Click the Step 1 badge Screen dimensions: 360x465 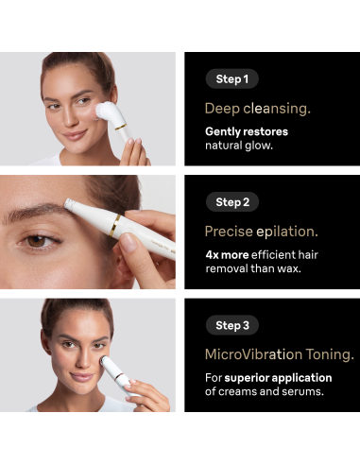coord(232,78)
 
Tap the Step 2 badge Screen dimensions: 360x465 coord(232,202)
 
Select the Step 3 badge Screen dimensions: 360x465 coord(232,325)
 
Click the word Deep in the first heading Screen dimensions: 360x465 coord(222,109)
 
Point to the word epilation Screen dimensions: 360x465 coord(287,232)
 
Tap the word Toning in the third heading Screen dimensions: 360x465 coord(330,355)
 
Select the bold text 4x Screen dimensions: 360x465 coord(212,254)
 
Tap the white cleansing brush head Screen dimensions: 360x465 coord(106,112)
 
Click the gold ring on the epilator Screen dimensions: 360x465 coord(114,226)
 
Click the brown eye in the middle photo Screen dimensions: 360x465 coord(37,241)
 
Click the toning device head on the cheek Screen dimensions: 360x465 coord(105,360)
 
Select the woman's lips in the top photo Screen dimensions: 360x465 coord(75,135)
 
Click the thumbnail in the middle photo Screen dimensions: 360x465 coord(129,242)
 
